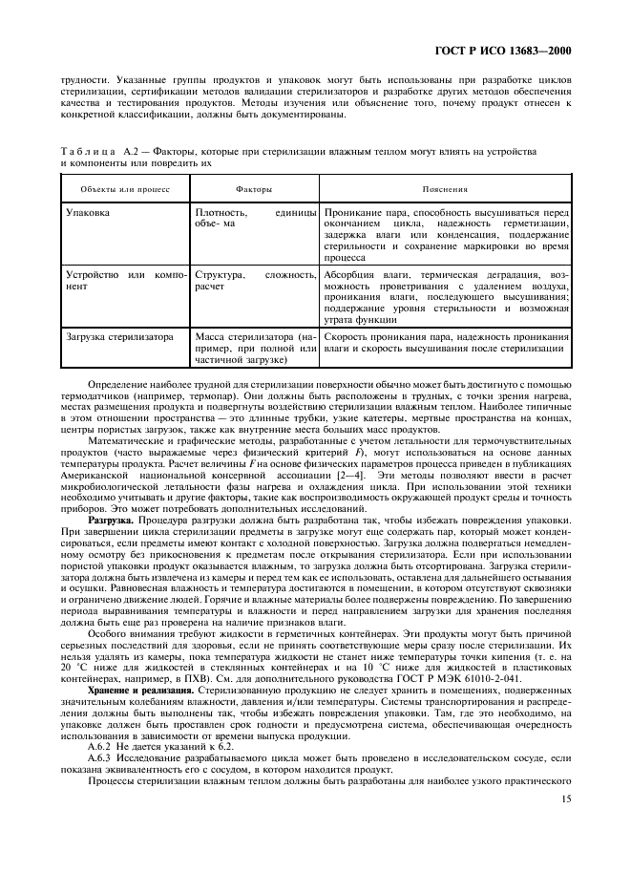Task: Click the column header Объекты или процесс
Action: click(x=112, y=189)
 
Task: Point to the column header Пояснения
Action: click(x=446, y=189)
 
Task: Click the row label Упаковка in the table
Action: click(x=87, y=213)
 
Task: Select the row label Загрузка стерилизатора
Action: click(x=119, y=336)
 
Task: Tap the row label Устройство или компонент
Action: click(x=124, y=280)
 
